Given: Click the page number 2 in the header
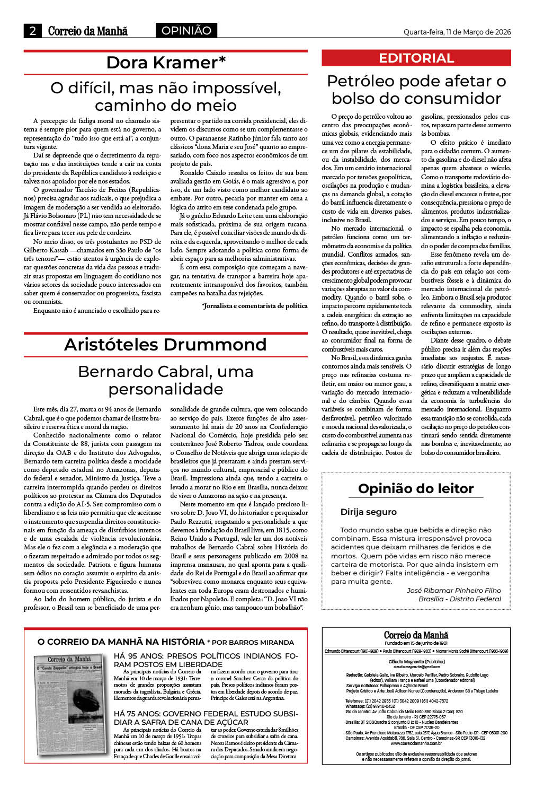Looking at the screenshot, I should click(x=32, y=31).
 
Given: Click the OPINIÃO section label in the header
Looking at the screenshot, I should click(x=186, y=31).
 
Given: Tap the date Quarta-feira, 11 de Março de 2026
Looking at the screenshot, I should click(x=457, y=32).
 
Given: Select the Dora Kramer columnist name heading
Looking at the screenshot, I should click(x=165, y=63).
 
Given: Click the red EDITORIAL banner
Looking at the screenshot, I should click(x=416, y=58).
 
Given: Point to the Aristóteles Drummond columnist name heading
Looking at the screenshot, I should click(x=165, y=345).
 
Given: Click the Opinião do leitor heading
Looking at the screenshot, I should click(x=416, y=488).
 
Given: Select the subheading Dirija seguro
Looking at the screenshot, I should click(x=368, y=512).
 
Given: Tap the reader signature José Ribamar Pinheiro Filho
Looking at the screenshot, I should click(x=453, y=590).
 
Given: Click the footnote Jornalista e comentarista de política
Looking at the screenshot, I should click(x=255, y=305).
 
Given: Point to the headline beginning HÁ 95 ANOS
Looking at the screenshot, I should click(x=206, y=660).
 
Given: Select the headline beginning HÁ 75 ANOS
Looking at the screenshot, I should click(x=206, y=717).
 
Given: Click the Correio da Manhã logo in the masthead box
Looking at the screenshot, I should click(x=416, y=635).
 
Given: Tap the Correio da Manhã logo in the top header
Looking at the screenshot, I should click(x=88, y=31).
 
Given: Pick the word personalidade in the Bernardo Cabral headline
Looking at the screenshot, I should click(x=165, y=389).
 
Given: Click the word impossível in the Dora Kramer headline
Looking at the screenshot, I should click(x=229, y=87).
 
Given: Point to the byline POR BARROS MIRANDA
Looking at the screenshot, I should click(x=253, y=642).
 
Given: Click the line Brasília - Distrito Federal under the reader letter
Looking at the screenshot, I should click(x=459, y=599).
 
